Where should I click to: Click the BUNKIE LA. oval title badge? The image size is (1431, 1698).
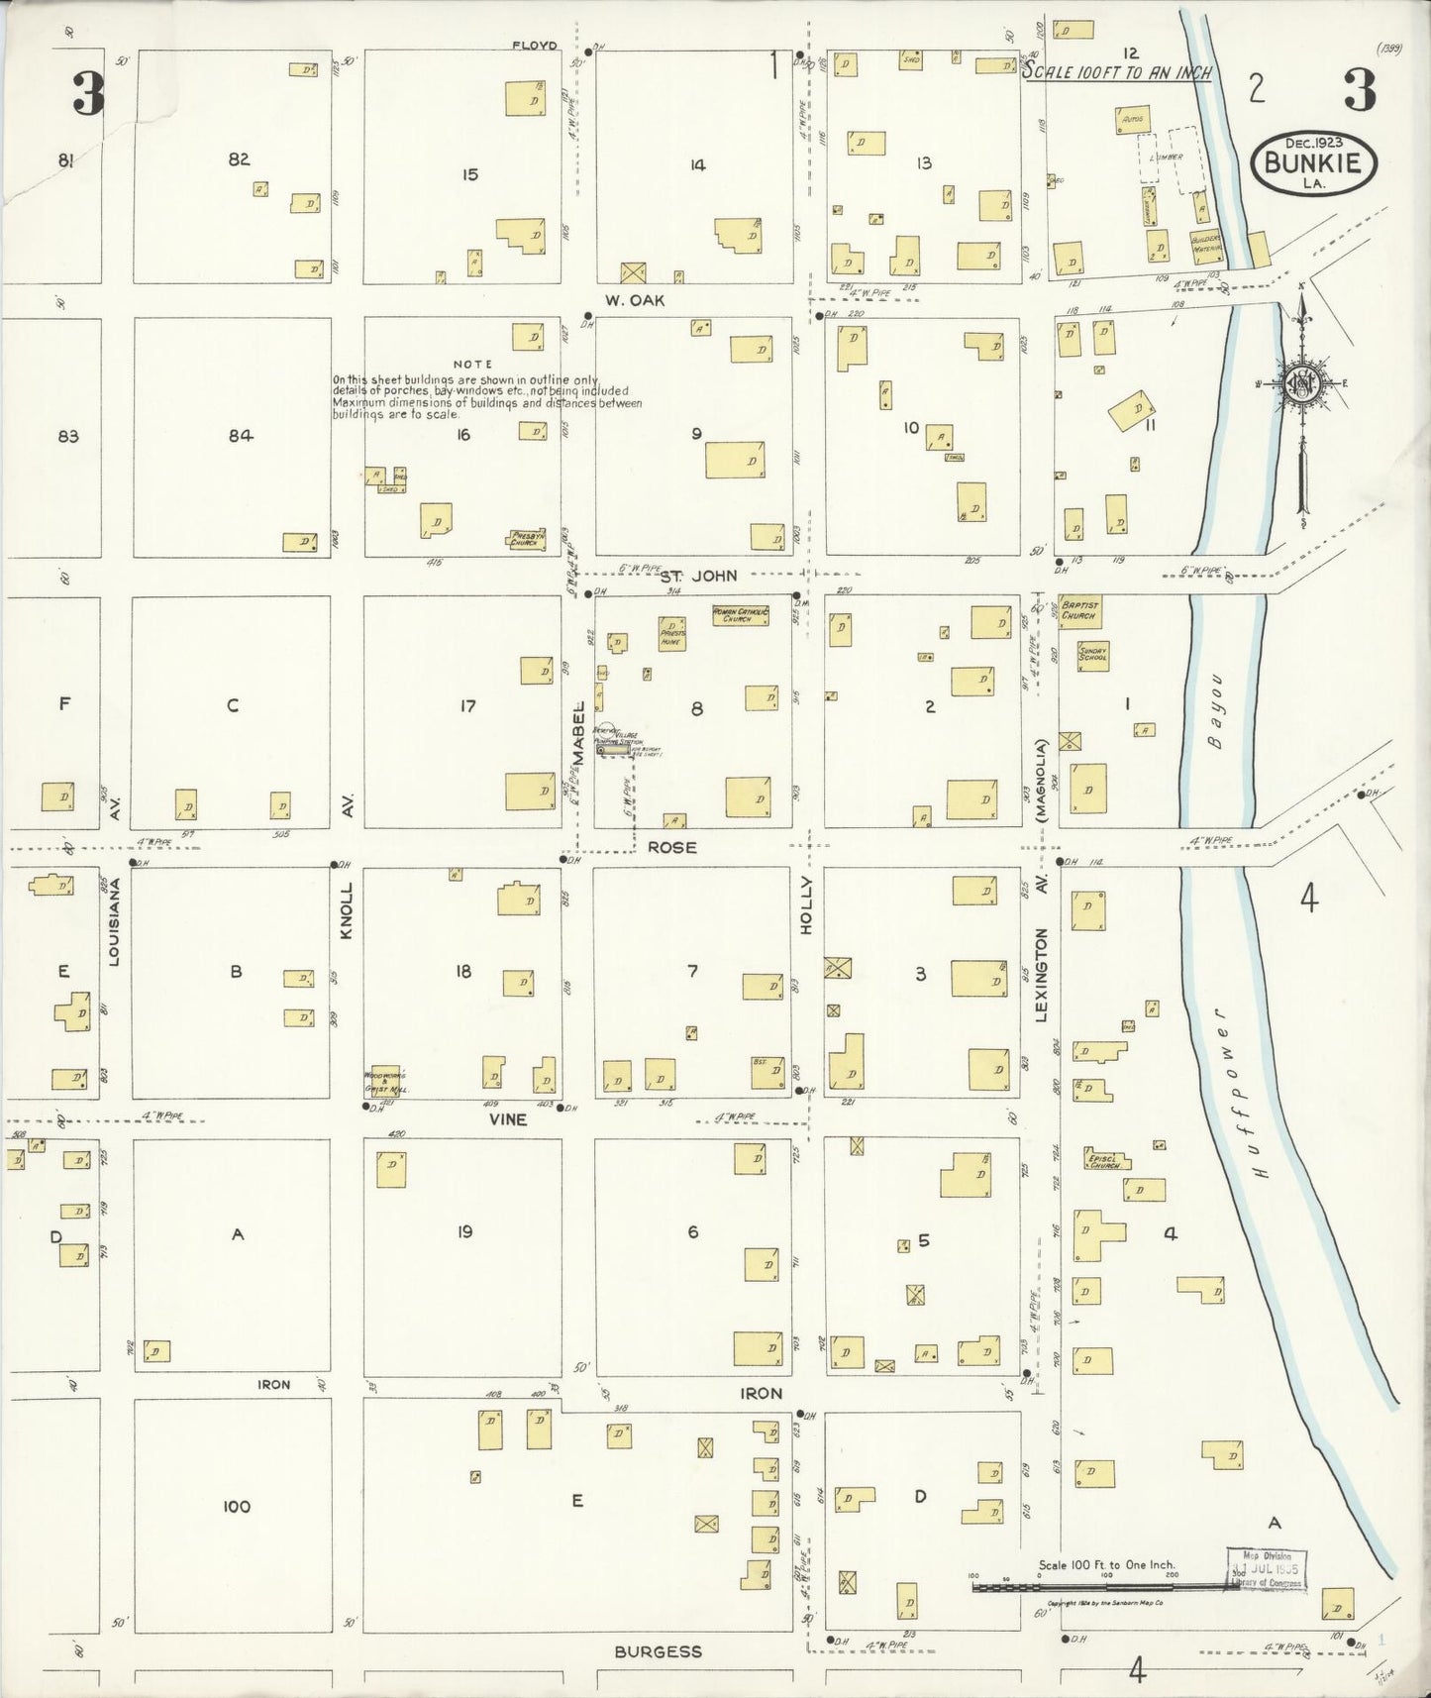[1314, 165]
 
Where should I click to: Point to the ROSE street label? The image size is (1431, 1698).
[672, 848]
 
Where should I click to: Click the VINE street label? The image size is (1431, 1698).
[507, 1119]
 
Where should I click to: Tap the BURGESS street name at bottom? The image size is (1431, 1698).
[658, 1651]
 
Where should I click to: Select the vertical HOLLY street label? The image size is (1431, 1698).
[806, 904]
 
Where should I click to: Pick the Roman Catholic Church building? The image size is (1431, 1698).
[740, 616]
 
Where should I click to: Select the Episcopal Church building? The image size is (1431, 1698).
[1103, 1161]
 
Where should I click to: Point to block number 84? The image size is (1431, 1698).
[240, 435]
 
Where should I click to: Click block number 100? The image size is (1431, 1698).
[236, 1507]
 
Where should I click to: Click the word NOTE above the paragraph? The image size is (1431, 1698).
[473, 365]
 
